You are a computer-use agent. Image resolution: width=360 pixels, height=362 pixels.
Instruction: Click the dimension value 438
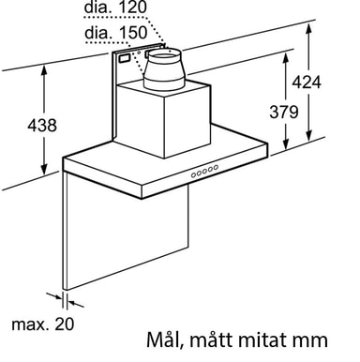click(42, 125)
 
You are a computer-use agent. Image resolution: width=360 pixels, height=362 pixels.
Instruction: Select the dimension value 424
click(307, 83)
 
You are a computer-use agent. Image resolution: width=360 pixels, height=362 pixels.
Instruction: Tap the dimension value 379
click(284, 112)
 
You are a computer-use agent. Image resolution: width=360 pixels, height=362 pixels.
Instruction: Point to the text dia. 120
click(115, 8)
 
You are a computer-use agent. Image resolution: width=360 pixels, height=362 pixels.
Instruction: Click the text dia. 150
click(115, 33)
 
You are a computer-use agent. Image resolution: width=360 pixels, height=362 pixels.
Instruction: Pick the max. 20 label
click(43, 324)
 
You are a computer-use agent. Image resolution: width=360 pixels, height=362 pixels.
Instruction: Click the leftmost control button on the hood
click(194, 175)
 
